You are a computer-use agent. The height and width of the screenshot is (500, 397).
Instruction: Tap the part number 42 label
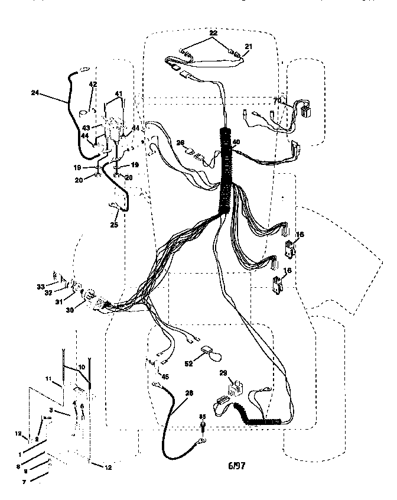tap(92, 85)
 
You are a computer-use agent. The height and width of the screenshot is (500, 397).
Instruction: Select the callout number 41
tap(118, 94)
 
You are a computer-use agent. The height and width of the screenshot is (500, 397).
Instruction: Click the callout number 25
tap(115, 225)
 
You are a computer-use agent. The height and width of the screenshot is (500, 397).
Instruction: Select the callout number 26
tap(181, 142)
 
